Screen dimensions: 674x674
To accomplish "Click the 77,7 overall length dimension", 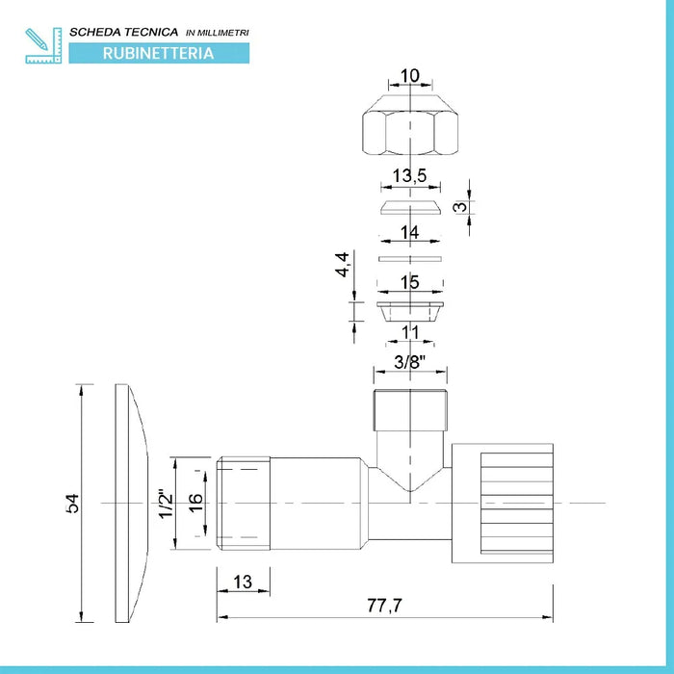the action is tap(384, 606).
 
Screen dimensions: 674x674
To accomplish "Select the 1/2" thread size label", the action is tap(166, 504).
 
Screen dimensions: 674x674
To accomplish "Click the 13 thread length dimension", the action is tap(243, 582).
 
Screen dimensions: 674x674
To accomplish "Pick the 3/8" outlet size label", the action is tap(409, 362).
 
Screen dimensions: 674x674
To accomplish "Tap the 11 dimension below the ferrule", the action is tap(410, 332).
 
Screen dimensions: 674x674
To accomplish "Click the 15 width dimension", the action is tap(409, 282).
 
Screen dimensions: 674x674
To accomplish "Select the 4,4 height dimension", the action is tap(343, 265).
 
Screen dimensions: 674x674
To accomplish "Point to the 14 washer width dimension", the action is tap(409, 233).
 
